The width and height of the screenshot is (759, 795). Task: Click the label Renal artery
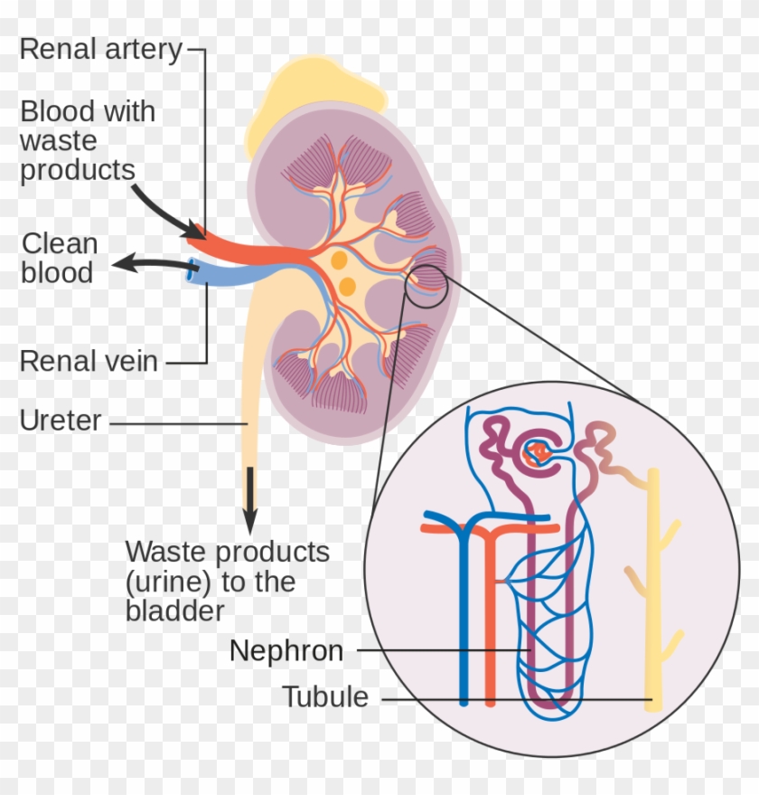click(100, 49)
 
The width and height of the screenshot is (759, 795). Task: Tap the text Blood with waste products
click(88, 141)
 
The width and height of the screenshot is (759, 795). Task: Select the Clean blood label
click(59, 258)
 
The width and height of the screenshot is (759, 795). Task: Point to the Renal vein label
click(89, 362)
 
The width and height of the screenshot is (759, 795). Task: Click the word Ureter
click(61, 421)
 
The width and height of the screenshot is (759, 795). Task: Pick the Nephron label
click(286, 650)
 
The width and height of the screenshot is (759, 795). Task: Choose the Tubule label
click(325, 697)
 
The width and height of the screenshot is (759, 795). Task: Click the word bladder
click(174, 610)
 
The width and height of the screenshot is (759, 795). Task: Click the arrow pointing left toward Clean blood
click(149, 264)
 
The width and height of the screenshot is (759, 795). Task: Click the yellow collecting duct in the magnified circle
click(653, 588)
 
